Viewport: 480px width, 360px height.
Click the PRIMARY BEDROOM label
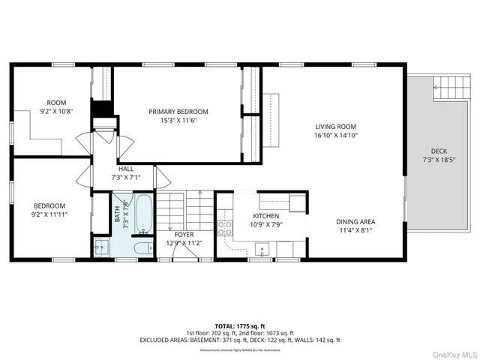point(178,112)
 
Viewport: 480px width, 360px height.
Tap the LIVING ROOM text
point(334,127)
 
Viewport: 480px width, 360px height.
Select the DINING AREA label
point(355,221)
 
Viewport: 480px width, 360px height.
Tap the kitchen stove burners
point(223,228)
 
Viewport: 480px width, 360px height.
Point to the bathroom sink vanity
point(101,247)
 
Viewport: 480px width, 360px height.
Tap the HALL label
point(125,169)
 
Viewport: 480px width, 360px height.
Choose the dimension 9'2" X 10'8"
point(57,112)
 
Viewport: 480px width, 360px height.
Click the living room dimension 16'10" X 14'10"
point(334,136)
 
